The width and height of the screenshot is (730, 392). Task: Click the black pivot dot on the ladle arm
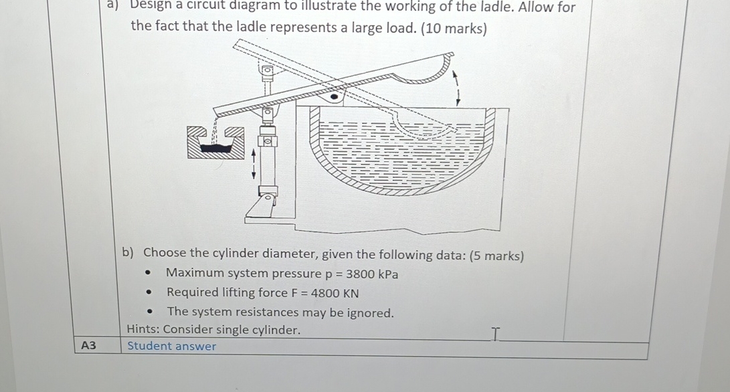[x=335, y=96]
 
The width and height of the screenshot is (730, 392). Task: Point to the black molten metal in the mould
[x=217, y=149]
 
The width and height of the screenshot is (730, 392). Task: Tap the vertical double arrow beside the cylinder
[x=253, y=164]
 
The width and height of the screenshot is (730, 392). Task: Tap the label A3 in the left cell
[x=88, y=346]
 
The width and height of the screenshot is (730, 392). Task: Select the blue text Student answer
[x=172, y=347]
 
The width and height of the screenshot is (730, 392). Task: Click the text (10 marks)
[x=454, y=29]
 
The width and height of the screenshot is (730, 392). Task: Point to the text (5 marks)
[x=497, y=255]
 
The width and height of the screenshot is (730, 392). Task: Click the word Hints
[x=142, y=330]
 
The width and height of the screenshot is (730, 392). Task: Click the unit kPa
[x=388, y=274]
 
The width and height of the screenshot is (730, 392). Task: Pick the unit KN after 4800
[x=350, y=293]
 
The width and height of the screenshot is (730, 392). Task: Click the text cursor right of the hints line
[x=495, y=332]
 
